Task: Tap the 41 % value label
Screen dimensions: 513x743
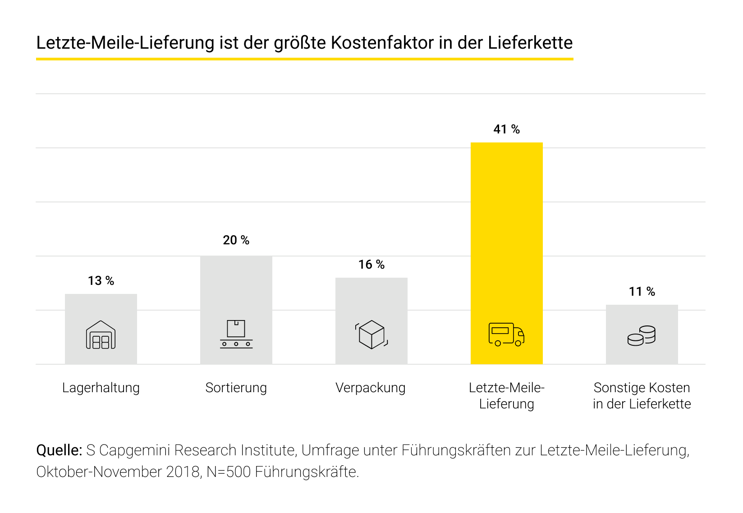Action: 506,129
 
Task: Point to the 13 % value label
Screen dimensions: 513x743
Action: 101,281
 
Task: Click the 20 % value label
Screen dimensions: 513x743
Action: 236,240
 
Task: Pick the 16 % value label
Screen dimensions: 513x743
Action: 371,265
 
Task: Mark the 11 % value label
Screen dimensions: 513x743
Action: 642,292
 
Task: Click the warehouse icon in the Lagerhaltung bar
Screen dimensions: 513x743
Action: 101,335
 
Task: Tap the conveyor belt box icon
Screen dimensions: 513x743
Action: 236,334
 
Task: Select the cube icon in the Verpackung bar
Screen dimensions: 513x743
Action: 371,334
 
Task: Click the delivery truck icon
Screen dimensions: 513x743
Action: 506,334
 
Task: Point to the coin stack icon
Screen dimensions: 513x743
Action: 642,336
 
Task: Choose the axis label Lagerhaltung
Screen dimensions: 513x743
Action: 101,388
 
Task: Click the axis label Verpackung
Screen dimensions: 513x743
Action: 370,388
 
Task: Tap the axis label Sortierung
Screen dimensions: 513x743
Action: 236,388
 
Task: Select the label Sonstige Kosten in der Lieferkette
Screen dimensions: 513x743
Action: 642,396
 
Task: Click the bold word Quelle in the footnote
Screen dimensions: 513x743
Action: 59,450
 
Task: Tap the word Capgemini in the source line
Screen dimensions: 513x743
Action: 134,450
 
